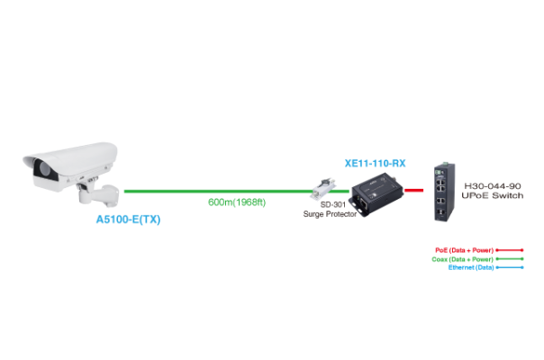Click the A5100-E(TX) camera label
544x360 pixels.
(128, 219)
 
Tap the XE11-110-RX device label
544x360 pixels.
(375, 164)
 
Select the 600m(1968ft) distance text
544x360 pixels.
(237, 202)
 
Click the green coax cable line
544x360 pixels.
(216, 191)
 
